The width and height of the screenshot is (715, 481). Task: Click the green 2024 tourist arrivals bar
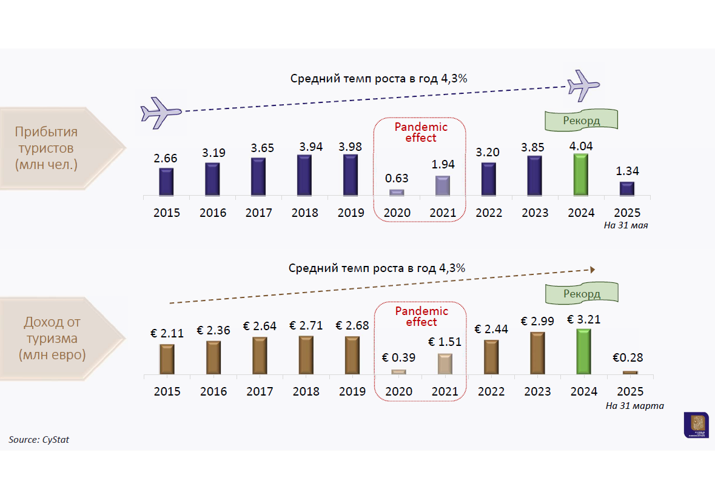tap(581, 174)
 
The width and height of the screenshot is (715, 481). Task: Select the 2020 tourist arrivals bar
tap(397, 192)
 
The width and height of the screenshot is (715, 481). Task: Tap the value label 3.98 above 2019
tap(351, 146)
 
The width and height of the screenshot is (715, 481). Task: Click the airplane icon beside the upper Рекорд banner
tap(583, 85)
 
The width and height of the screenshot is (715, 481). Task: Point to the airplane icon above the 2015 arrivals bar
tap(160, 111)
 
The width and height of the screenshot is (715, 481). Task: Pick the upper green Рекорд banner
tap(581, 120)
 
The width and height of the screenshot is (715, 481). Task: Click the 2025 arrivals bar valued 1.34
tap(627, 188)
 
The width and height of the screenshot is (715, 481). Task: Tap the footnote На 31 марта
tap(634, 405)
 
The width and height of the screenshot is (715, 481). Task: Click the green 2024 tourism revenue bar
tap(583, 351)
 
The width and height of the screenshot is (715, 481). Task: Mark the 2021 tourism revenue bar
tap(445, 363)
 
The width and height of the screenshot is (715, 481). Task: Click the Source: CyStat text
tap(39, 439)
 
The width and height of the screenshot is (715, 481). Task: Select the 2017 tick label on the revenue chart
tap(260, 391)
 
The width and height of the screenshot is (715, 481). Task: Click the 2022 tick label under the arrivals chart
tap(489, 213)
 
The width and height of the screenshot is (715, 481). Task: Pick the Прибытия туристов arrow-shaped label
tap(61, 148)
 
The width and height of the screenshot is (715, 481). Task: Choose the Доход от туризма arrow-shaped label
tap(61, 338)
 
